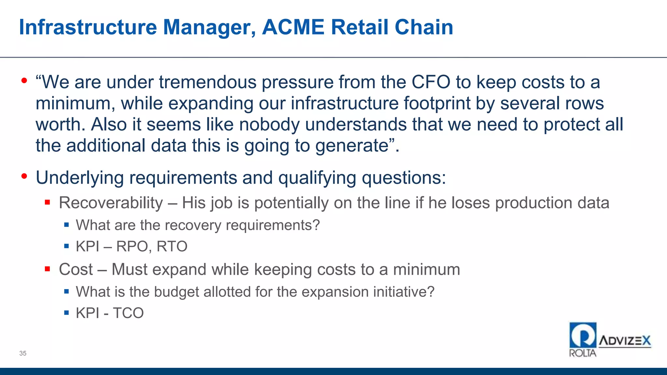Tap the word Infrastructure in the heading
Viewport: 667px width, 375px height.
tap(88, 27)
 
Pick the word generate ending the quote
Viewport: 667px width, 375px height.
tap(352, 146)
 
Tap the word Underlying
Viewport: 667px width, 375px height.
tap(80, 178)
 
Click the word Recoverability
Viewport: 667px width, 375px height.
tap(111, 203)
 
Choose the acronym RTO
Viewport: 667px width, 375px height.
tap(172, 246)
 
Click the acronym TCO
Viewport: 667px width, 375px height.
tap(128, 313)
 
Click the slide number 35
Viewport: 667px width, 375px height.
tap(23, 353)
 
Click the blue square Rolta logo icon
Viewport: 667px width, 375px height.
tap(583, 335)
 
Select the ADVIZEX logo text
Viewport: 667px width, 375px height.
tap(625, 341)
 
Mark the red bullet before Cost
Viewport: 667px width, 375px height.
tap(48, 269)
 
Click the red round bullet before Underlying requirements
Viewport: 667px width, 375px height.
tap(24, 176)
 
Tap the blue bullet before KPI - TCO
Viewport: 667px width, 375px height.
tap(66, 313)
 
